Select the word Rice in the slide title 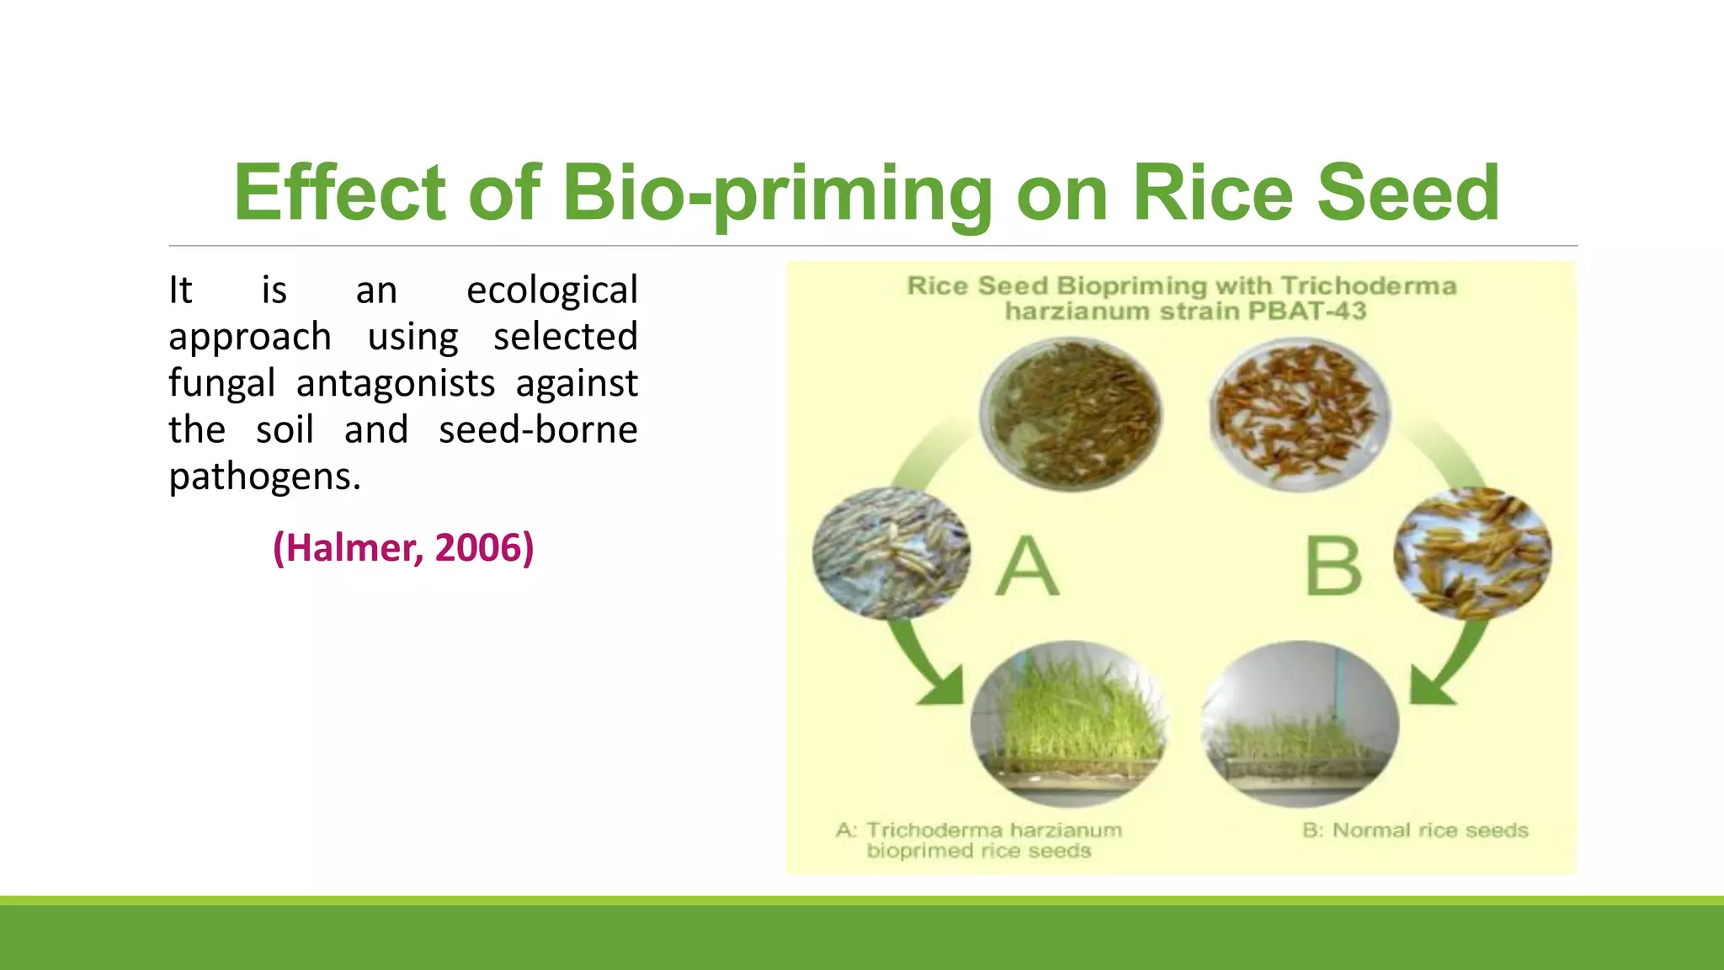[x=1212, y=194]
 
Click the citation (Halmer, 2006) [x=403, y=548]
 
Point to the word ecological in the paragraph [x=552, y=290]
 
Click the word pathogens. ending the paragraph [x=264, y=477]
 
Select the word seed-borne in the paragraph [x=538, y=430]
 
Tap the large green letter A [x=1027, y=566]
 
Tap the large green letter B [x=1333, y=566]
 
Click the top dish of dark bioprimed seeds [x=1071, y=414]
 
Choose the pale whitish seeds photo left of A [x=891, y=553]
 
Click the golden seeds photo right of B [x=1473, y=553]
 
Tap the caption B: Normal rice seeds [x=1415, y=831]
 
